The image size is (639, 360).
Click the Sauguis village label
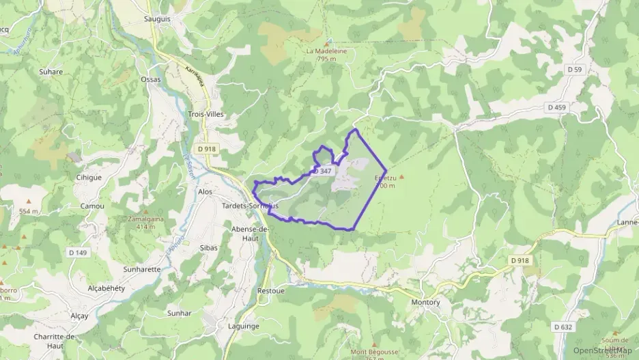point(157,20)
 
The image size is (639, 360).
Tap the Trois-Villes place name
point(205,115)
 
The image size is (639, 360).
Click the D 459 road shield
point(556,107)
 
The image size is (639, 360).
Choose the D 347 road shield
point(323,171)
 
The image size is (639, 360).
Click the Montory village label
point(425,302)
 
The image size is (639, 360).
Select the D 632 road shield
point(563,327)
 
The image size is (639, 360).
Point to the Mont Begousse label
point(373,352)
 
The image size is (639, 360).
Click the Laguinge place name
point(242,327)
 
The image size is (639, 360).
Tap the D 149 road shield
point(79,253)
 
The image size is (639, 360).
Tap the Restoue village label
point(270,290)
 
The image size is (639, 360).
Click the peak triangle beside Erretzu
point(401,177)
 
